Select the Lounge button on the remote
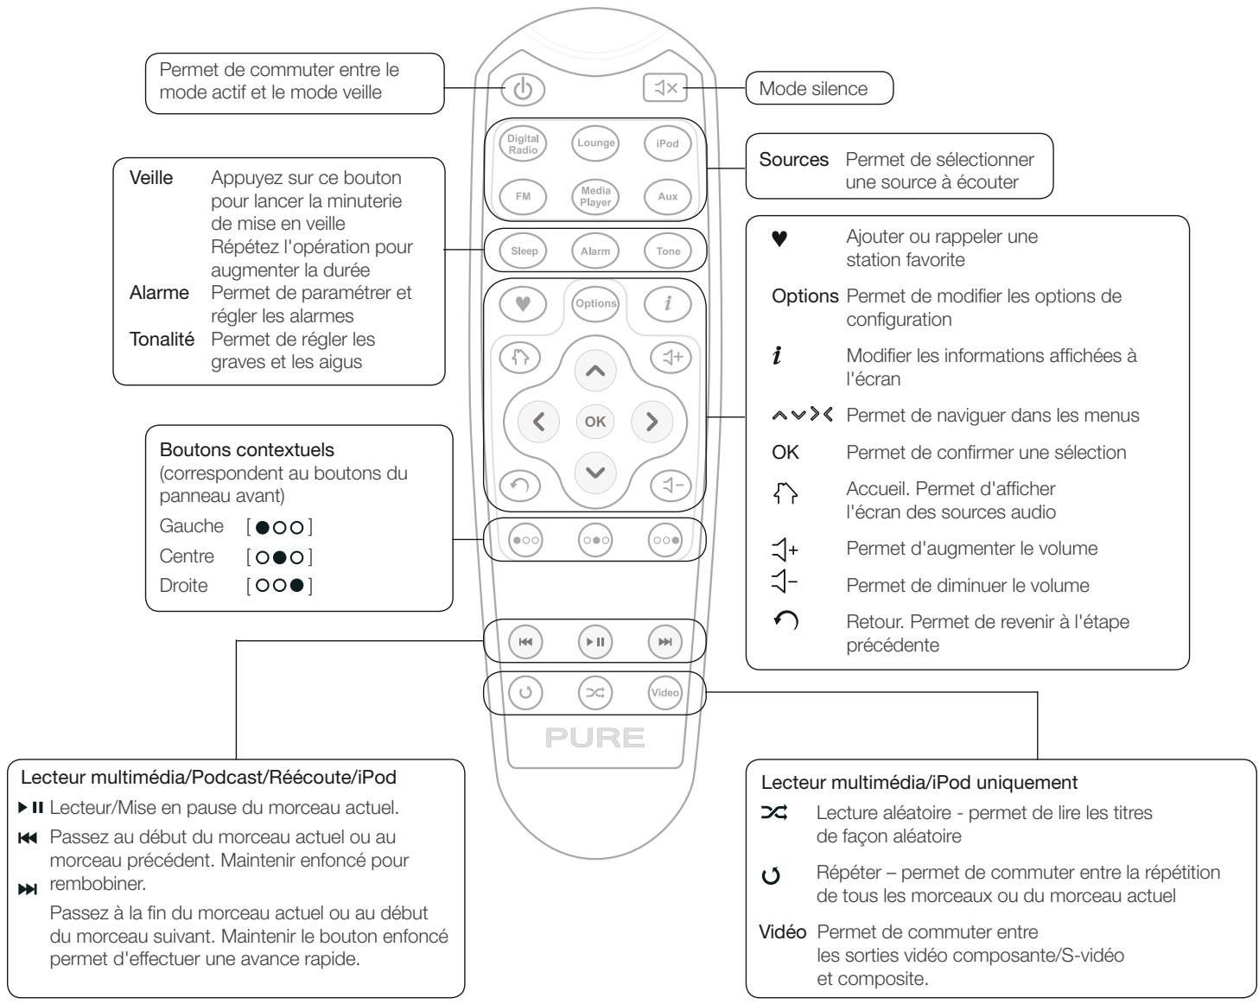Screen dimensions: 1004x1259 [595, 143]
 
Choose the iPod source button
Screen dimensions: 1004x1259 [667, 143]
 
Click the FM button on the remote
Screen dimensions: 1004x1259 [523, 196]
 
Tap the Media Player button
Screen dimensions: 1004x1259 [595, 196]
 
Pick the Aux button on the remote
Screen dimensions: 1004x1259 [667, 196]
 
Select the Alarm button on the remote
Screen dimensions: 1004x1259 [595, 251]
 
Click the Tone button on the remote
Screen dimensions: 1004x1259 [667, 251]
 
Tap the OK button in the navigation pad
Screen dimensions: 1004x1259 [595, 422]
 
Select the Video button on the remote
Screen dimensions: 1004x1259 [665, 693]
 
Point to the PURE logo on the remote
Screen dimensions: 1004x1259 [595, 738]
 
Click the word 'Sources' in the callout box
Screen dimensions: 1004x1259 [793, 160]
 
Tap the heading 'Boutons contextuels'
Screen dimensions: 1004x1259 [246, 450]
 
